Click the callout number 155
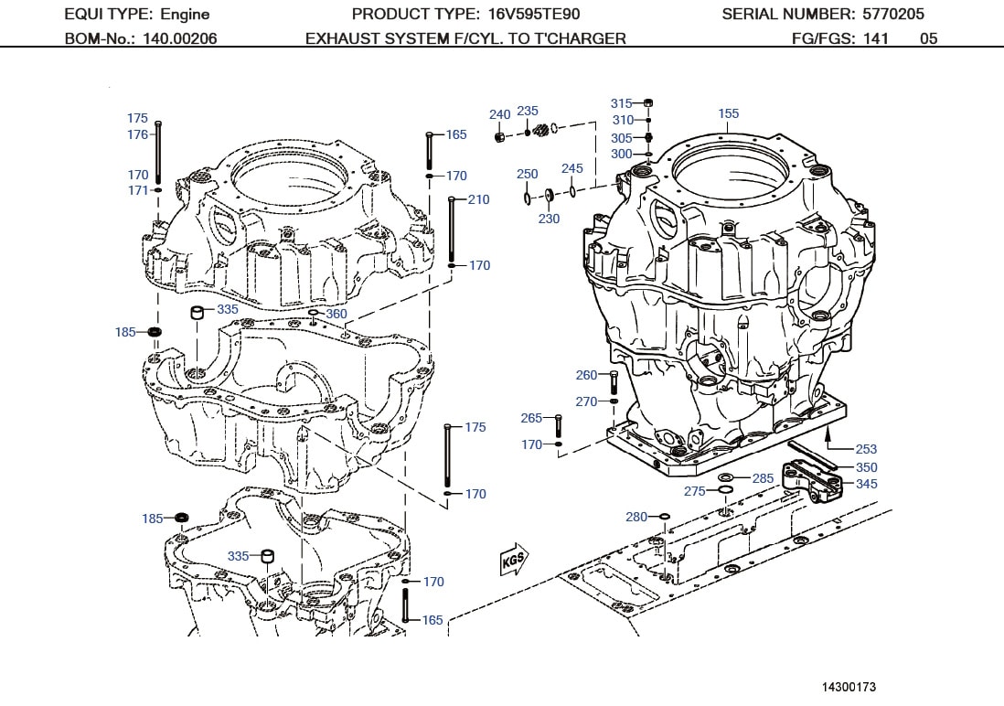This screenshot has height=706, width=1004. point(728,114)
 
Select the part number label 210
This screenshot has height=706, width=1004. point(478,199)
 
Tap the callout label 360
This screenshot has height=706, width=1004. point(336,314)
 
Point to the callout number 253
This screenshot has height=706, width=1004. point(865,449)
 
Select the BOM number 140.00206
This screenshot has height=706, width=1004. point(179,38)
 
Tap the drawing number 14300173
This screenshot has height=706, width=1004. point(849,686)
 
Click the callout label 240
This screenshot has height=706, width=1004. point(499,114)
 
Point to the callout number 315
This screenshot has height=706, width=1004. point(622,103)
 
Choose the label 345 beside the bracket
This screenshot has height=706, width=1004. point(866,484)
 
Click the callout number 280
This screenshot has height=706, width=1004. point(636,517)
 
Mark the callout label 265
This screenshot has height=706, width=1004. point(531,418)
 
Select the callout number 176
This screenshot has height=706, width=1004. point(137,134)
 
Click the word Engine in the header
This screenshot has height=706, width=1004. point(185,14)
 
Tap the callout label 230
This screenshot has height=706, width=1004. point(549,219)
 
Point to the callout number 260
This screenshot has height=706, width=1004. point(586,375)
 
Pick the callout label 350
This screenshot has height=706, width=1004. point(866,467)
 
